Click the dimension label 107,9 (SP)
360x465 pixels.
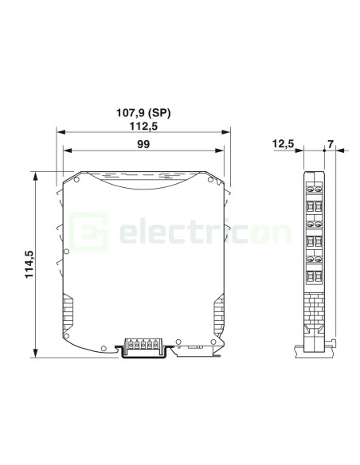[143, 113]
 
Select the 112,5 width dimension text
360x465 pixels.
[143, 127]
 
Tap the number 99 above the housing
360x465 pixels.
[143, 144]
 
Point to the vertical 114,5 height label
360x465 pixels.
[29, 264]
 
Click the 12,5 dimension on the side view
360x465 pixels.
[283, 144]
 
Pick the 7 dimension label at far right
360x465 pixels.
[331, 144]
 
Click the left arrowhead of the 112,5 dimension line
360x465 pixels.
[61, 132]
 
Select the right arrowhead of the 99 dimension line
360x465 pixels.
[220, 150]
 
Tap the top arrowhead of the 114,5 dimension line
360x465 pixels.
[36, 176]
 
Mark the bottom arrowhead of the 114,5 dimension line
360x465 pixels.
[36, 353]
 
